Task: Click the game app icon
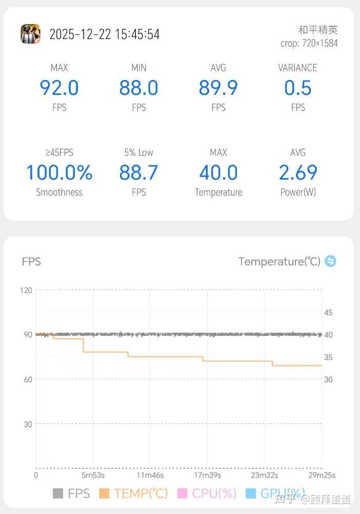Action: (30, 34)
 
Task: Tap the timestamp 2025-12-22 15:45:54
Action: (104, 34)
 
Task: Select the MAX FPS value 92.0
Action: (59, 88)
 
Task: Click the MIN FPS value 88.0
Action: (138, 88)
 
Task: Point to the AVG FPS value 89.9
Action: (218, 88)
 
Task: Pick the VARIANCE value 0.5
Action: (297, 88)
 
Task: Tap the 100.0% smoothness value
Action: (59, 172)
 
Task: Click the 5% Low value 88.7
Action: (138, 172)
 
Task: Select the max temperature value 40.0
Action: (218, 172)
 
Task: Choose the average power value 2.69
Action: (297, 172)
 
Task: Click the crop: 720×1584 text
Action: (309, 43)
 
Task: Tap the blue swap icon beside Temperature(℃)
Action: (331, 261)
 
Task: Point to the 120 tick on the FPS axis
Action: (26, 290)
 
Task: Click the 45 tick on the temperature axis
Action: (328, 312)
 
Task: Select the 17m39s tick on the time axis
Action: (207, 475)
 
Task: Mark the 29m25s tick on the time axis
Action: (321, 475)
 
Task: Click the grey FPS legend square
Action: (58, 493)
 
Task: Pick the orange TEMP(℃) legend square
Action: (104, 493)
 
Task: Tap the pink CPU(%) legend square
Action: (182, 493)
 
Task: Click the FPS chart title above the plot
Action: (31, 262)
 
